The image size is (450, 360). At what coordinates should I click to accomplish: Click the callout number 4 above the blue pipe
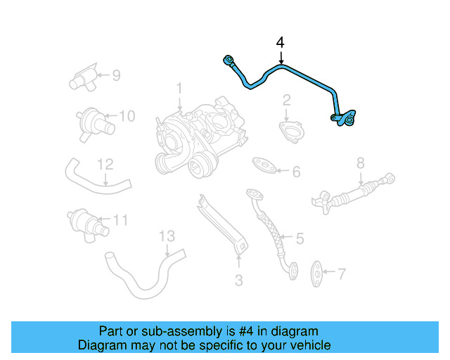281,43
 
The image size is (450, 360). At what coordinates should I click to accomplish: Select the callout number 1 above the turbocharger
179,89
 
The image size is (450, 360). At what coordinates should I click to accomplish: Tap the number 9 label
116,74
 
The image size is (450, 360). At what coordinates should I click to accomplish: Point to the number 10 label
126,116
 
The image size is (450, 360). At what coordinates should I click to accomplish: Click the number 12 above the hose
105,164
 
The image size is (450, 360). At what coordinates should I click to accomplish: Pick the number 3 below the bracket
238,281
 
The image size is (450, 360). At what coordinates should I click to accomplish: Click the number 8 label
360,163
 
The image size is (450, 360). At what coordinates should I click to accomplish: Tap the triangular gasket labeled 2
288,131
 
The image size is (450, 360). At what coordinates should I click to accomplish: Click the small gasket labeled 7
318,270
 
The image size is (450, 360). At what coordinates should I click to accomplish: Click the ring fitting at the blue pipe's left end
227,59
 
